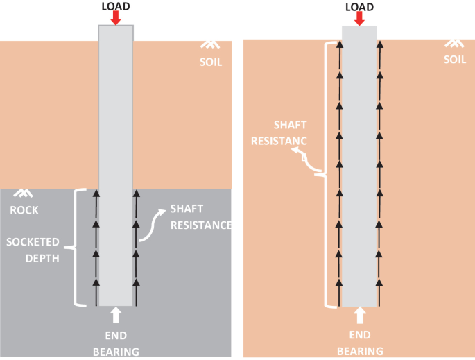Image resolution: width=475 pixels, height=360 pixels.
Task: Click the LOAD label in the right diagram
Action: click(359, 7)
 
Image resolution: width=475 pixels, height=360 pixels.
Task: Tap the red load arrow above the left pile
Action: click(115, 18)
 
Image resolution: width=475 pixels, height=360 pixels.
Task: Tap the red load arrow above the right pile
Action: click(359, 19)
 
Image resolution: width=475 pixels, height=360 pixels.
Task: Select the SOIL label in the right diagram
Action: click(455, 60)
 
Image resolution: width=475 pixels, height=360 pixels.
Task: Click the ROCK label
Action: click(25, 210)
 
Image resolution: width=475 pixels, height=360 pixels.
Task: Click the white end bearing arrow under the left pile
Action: click(116, 316)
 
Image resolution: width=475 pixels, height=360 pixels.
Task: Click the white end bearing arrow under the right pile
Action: click(360, 316)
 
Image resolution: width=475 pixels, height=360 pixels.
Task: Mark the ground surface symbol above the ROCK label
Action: click(25, 194)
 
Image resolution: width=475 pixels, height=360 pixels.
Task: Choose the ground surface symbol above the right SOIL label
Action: click(454, 43)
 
